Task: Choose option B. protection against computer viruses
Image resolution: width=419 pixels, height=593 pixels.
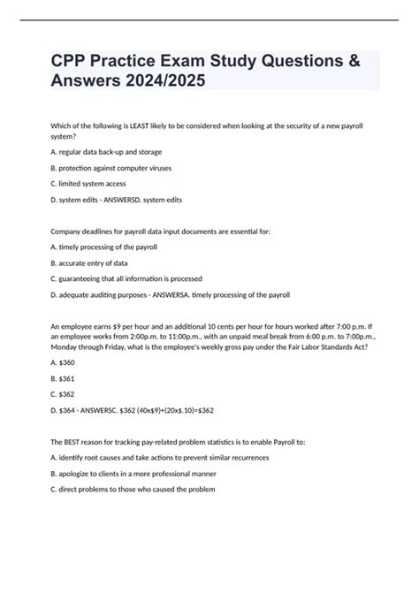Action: (x=111, y=167)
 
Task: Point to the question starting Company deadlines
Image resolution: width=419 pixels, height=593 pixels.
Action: (x=160, y=231)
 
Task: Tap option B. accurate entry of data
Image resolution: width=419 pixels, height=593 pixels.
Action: (x=89, y=262)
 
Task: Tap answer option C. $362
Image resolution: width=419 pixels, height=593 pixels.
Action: (x=65, y=395)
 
